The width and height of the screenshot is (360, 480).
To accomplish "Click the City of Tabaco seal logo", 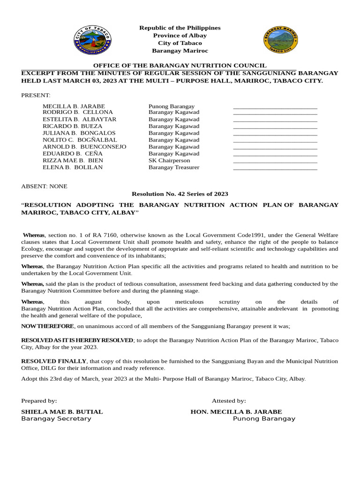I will pyautogui.click(x=92, y=40).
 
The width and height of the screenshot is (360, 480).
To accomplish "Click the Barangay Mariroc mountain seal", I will pyautogui.click(x=281, y=40).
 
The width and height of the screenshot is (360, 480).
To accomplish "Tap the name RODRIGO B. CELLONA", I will pyautogui.click(x=78, y=112).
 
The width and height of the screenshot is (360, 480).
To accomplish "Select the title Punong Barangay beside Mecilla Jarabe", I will pyautogui.click(x=172, y=106).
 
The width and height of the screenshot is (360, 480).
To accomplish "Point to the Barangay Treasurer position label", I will pyautogui.click(x=174, y=167).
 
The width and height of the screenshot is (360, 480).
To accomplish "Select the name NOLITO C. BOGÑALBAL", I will pyautogui.click(x=80, y=140).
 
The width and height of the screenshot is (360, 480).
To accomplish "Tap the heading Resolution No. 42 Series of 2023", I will pyautogui.click(x=180, y=194).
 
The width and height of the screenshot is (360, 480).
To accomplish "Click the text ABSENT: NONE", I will pyautogui.click(x=44, y=186).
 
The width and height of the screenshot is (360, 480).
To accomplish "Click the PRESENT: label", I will pyautogui.click(x=36, y=95).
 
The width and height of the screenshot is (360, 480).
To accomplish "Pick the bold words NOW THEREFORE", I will pyautogui.click(x=47, y=326).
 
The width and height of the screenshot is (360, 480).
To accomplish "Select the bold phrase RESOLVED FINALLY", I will pyautogui.click(x=54, y=361).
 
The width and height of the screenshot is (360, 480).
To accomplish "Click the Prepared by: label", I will pyautogui.click(x=39, y=401).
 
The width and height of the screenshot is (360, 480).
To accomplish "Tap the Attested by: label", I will pyautogui.click(x=229, y=401).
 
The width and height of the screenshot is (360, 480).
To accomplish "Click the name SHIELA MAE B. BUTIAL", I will pyautogui.click(x=62, y=412).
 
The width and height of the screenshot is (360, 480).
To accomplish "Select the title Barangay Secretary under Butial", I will pyautogui.click(x=56, y=419).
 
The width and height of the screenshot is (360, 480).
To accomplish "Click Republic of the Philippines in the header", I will pyautogui.click(x=180, y=28).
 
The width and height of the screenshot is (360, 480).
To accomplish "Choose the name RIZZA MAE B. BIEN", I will pyautogui.click(x=73, y=160).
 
